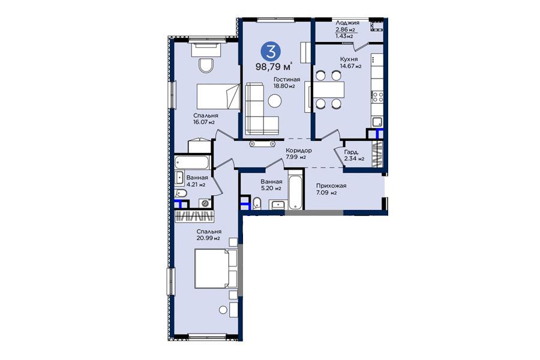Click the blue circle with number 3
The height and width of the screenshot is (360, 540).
[x=271, y=52]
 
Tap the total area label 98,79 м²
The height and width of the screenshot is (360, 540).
[x=274, y=66]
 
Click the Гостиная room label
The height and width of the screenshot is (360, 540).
[x=287, y=79]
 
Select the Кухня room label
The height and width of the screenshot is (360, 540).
[x=349, y=59]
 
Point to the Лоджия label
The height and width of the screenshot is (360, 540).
[x=347, y=23]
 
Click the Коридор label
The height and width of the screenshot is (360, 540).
[x=299, y=151]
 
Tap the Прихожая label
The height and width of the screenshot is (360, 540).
[x=331, y=185]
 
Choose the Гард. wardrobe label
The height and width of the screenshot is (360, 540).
[x=352, y=152]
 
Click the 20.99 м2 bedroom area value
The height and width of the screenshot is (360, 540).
[x=208, y=238]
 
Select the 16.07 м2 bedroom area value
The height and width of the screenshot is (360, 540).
[x=204, y=122]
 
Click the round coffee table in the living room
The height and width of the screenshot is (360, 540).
[x=275, y=101]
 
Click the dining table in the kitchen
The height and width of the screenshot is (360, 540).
[x=329, y=89]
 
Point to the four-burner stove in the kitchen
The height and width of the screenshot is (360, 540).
[x=377, y=96]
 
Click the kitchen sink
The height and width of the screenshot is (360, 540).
[x=377, y=122]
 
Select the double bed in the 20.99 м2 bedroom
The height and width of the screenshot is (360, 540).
[x=216, y=268]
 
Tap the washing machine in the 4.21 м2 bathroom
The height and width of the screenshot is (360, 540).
[x=206, y=203]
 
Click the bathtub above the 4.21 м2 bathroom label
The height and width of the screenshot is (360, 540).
[x=192, y=161]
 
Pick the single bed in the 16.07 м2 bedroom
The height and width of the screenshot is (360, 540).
[x=218, y=97]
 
